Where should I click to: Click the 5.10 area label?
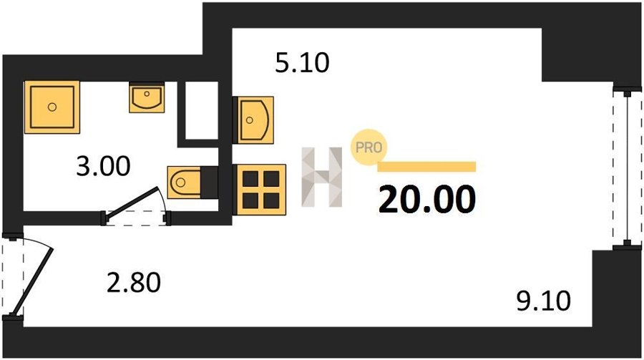[302, 64]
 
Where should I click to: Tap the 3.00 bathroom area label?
[104, 167]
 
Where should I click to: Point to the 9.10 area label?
[544, 300]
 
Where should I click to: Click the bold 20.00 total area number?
[426, 200]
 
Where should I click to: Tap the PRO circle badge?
[368, 148]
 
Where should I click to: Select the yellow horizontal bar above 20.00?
[426, 167]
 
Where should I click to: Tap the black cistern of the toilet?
[209, 182]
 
